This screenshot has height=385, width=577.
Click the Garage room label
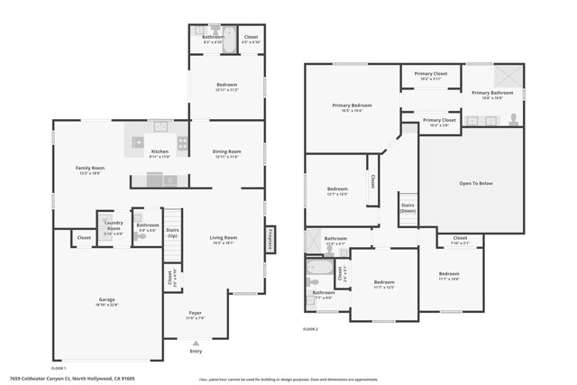(107, 300)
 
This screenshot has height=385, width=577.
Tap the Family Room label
(90, 169)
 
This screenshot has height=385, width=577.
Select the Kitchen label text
(160, 151)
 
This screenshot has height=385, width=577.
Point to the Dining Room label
(226, 151)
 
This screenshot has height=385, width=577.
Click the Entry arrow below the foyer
(196, 343)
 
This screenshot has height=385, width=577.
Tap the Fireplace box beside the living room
(270, 241)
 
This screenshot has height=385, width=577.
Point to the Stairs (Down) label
(408, 207)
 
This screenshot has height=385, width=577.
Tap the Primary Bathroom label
(492, 93)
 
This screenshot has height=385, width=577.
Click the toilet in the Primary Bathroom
(513, 117)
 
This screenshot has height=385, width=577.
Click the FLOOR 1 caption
(60, 369)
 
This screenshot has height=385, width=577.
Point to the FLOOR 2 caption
(310, 329)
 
